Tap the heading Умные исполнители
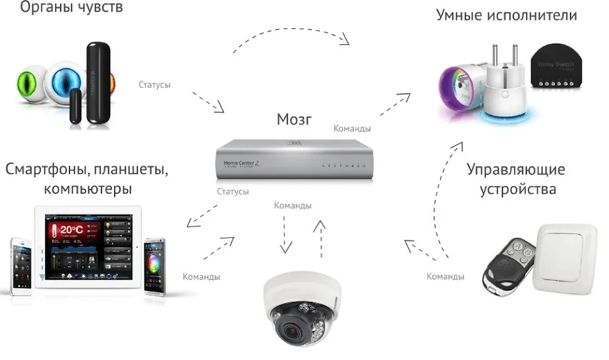515,15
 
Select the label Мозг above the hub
295,120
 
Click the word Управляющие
516,170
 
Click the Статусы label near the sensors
155,84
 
